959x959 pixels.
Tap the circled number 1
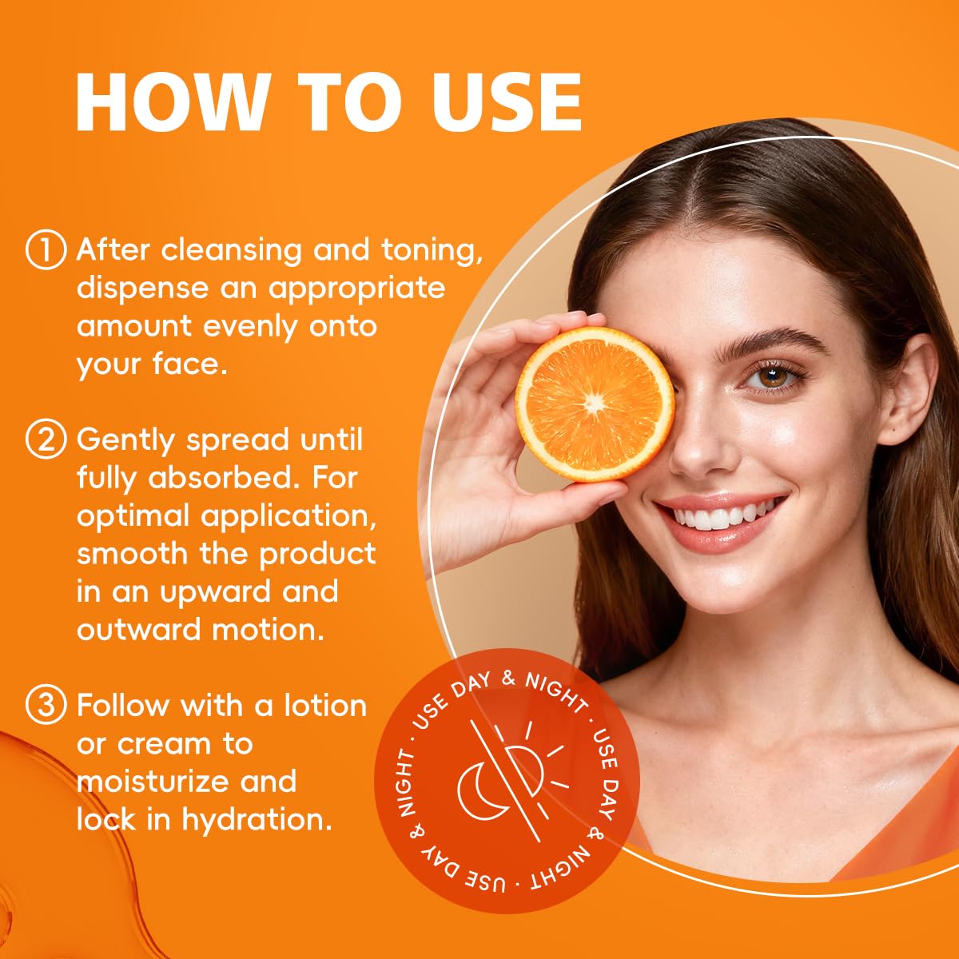point(46,250)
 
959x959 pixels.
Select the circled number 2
point(46,440)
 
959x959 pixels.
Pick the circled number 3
point(46,706)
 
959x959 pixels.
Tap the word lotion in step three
point(325,706)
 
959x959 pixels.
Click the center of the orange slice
point(595,403)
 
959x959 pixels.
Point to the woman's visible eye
point(772,376)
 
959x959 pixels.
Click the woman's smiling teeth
point(724,515)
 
